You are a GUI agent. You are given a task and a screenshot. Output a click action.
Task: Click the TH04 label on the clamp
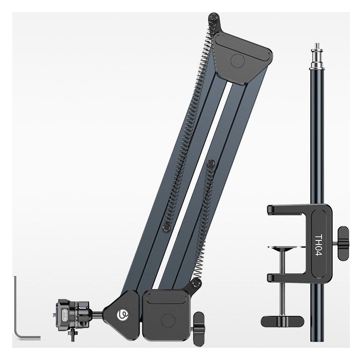pos(318,245)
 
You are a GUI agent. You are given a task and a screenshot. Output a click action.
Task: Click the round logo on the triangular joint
pos(123,314)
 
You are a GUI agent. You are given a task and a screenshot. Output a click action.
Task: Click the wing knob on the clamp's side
pos(342,243)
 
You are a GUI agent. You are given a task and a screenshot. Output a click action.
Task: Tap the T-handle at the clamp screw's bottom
pos(282,322)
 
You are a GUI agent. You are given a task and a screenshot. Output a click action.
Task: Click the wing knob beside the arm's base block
pos(198,329)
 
